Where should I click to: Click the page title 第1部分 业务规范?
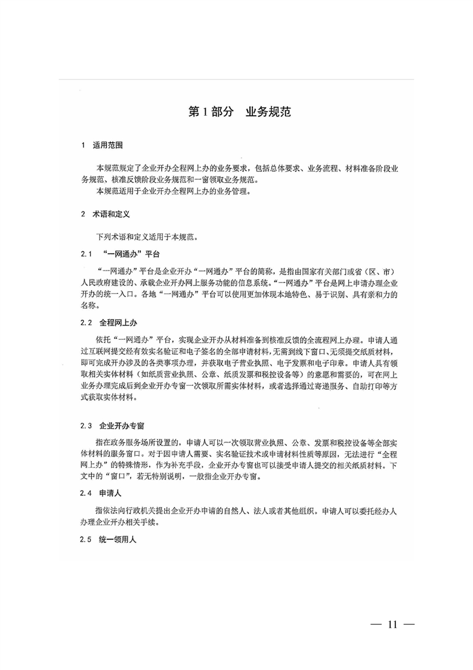click(x=239, y=111)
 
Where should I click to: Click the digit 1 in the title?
click(x=206, y=112)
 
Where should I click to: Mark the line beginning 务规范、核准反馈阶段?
click(x=175, y=180)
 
